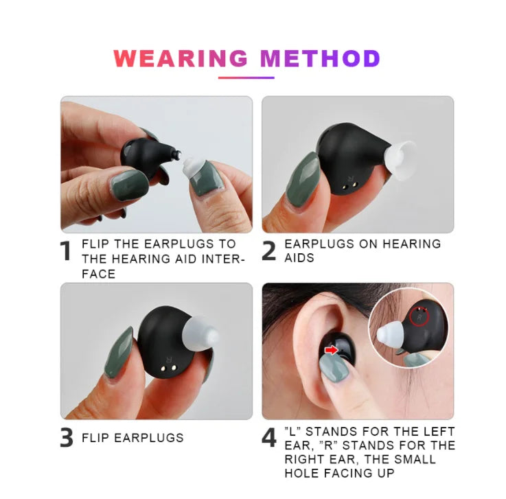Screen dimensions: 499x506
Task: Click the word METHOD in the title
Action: point(320,58)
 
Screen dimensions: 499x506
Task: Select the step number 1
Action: point(66,252)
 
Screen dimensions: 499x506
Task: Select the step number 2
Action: point(269,252)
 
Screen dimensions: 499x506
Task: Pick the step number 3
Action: point(66,438)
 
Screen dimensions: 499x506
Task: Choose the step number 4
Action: point(269,438)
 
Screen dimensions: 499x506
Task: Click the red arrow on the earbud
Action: point(331,350)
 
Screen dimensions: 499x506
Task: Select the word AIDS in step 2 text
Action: point(299,258)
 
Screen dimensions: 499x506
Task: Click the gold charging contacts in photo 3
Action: point(165,367)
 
